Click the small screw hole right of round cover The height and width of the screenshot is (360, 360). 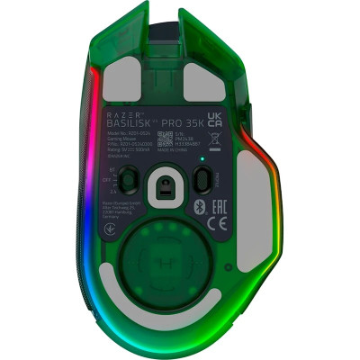tap(231, 269)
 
